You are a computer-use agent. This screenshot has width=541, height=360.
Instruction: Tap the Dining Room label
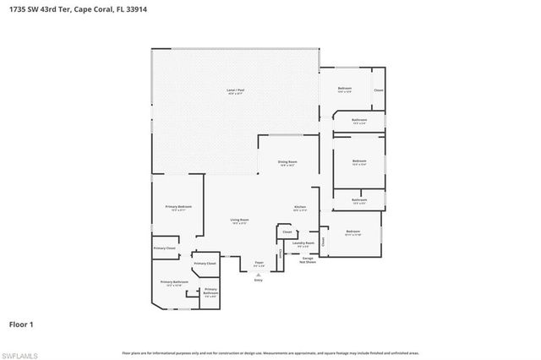pyautogui.click(x=287, y=162)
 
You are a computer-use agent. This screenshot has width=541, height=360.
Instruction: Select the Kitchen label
pyautogui.click(x=299, y=208)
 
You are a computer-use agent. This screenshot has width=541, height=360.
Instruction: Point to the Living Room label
pyautogui.click(x=239, y=221)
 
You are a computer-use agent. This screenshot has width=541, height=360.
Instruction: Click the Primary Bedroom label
pyautogui.click(x=178, y=208)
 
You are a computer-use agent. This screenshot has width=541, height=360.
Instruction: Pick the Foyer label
pyautogui.click(x=260, y=264)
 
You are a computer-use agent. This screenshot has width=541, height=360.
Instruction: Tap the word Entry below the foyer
pyautogui.click(x=259, y=280)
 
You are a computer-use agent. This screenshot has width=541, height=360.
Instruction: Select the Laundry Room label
pyautogui.click(x=303, y=243)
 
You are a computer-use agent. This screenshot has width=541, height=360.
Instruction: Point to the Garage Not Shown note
pyautogui.click(x=308, y=260)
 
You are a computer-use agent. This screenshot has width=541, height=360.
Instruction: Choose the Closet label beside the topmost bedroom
pyautogui.click(x=379, y=90)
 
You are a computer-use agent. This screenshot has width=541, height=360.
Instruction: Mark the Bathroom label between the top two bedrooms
pyautogui.click(x=359, y=122)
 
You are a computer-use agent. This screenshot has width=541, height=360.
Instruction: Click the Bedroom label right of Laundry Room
pyautogui.click(x=352, y=232)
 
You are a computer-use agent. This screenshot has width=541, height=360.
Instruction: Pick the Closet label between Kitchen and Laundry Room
pyautogui.click(x=287, y=231)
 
